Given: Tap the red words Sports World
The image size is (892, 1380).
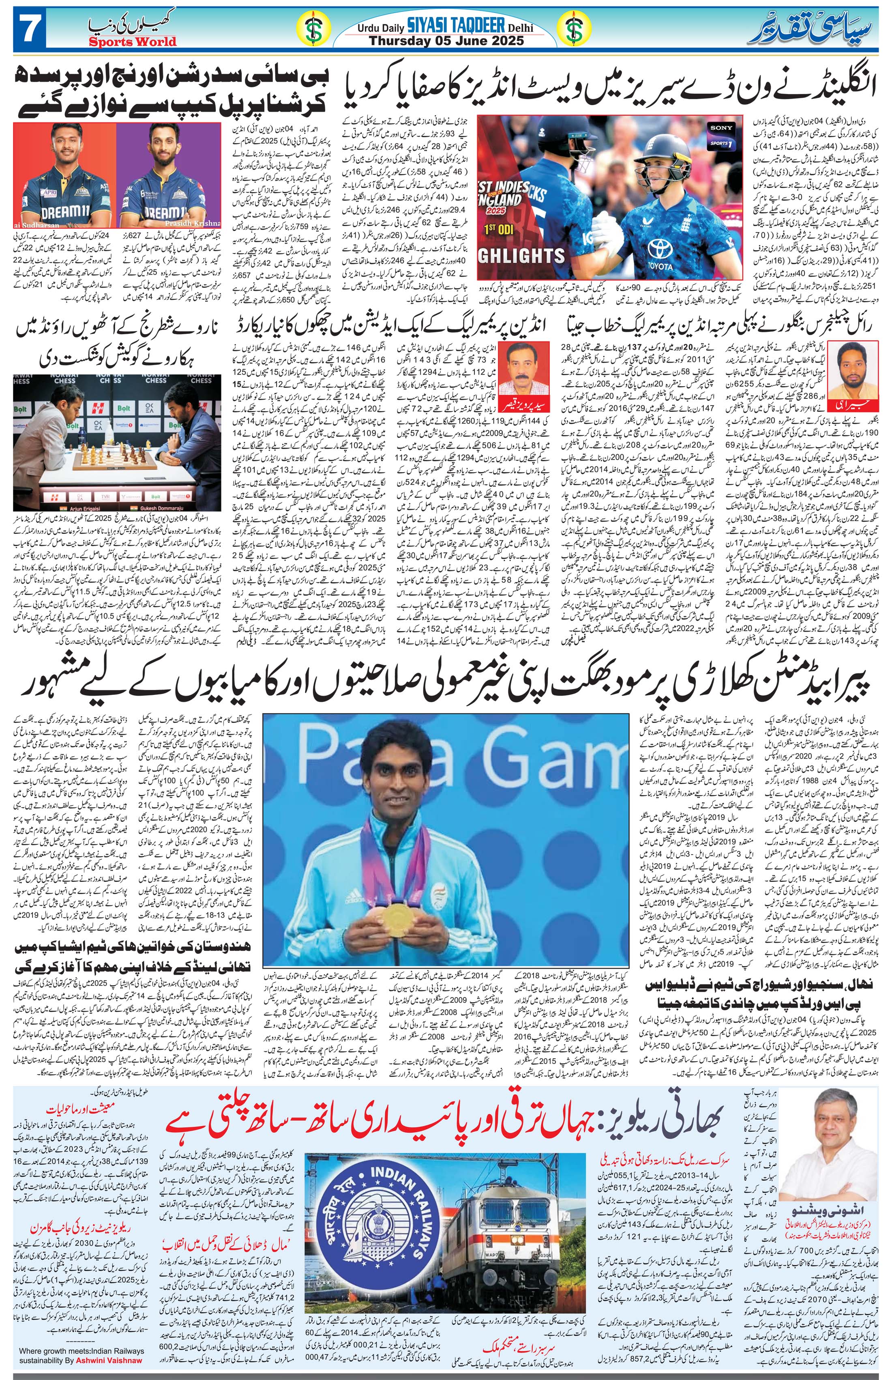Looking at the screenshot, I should pyautogui.click(x=133, y=42).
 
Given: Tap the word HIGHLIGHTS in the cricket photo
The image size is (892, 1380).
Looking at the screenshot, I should pyautogui.click(x=521, y=256).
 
